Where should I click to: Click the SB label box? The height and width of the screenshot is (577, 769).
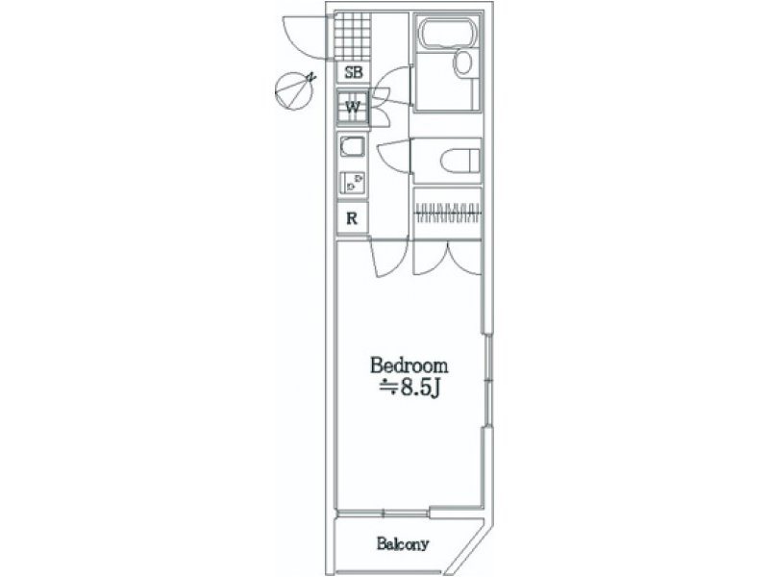click(353, 72)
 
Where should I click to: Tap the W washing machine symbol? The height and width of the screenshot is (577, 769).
click(353, 108)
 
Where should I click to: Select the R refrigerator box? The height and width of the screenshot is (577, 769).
click(352, 218)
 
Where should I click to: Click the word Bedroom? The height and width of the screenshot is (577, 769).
click(409, 365)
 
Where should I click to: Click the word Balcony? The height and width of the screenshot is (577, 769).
click(403, 543)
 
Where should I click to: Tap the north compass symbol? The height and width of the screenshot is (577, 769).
click(294, 90)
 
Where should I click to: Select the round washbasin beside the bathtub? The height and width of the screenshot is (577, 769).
click(463, 63)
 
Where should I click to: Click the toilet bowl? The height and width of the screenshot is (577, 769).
click(460, 161)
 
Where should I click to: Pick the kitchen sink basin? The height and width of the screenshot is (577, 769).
click(352, 147)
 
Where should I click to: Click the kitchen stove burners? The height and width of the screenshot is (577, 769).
click(352, 183)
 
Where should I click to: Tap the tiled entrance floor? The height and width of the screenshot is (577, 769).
click(352, 36)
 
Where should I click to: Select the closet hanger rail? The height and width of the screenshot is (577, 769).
click(448, 213)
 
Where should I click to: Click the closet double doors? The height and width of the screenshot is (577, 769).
click(447, 258)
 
